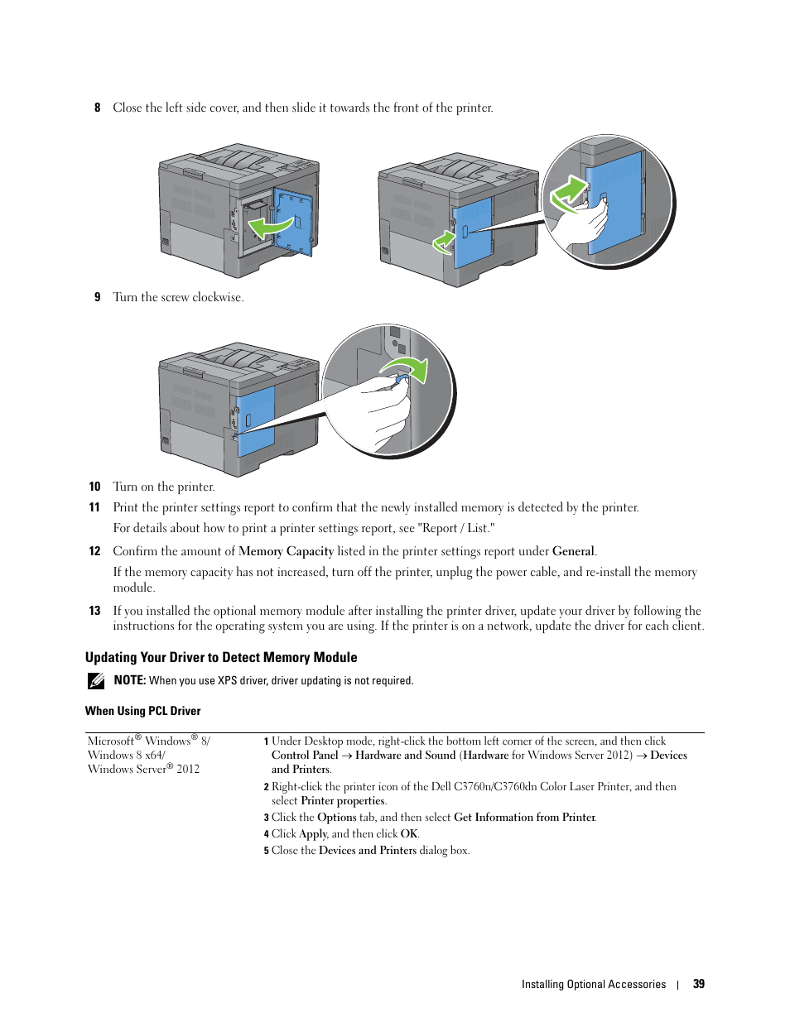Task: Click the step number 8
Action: pos(97,108)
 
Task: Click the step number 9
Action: pos(97,297)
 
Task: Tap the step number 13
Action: pos(94,611)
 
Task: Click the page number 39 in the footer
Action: pos(698,984)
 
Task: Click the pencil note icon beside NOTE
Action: pos(96,680)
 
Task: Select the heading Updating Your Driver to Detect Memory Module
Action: pos(221,657)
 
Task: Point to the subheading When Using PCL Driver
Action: pos(143,711)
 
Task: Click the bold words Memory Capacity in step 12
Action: pos(286,551)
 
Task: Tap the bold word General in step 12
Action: pos(574,551)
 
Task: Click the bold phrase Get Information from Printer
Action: pos(525,817)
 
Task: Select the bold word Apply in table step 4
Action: pos(313,834)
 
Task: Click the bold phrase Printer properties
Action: pos(343,800)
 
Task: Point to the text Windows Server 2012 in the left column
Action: pos(143,769)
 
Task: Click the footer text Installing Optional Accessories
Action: pos(594,985)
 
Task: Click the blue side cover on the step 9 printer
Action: pos(256,421)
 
